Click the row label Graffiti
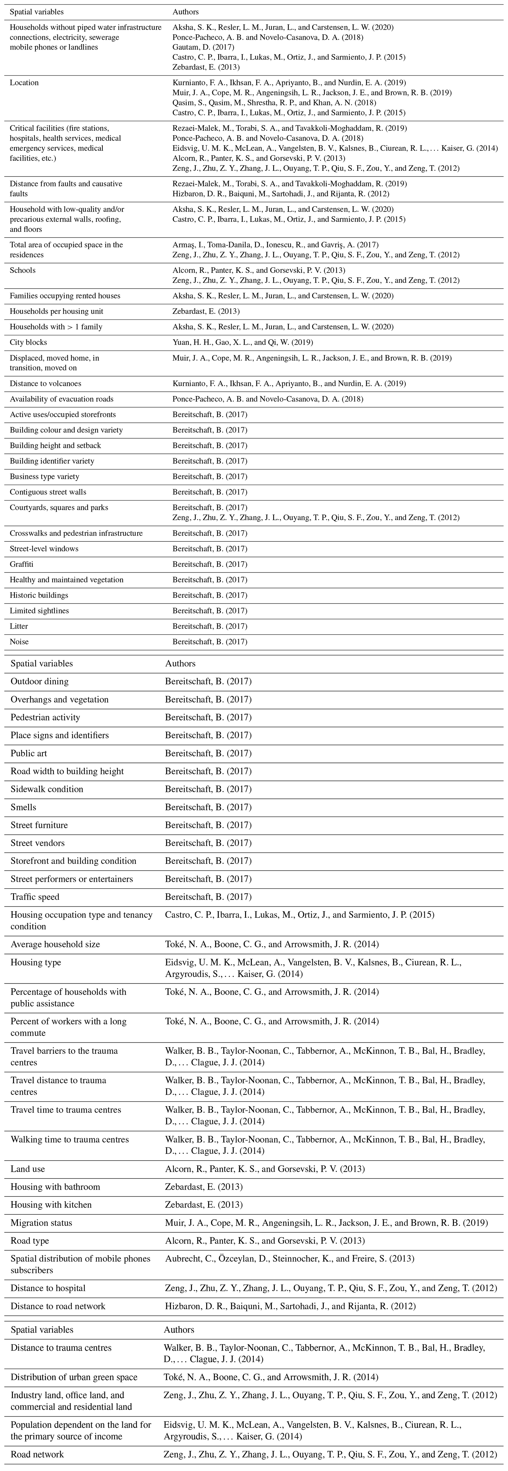point(22,564)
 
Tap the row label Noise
point(19,642)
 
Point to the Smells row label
point(23,807)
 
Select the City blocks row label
point(29,343)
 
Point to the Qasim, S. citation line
point(274,103)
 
